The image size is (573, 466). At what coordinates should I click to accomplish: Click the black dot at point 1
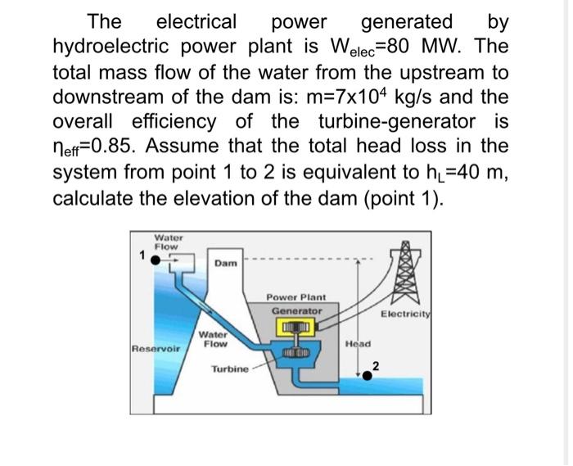156,260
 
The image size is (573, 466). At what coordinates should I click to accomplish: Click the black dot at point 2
368,376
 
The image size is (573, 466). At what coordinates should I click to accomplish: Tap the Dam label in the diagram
225,263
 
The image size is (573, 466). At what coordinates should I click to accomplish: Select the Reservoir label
156,349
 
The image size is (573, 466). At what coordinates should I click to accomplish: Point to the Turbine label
230,369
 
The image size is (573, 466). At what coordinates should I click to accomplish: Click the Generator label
296,311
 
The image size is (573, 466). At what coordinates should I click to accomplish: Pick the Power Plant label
296,297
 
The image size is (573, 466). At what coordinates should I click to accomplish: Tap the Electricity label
406,314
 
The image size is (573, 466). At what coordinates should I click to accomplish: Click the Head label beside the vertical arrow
359,344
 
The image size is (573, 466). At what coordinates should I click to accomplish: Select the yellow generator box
296,326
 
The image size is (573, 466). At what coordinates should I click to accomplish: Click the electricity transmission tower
406,272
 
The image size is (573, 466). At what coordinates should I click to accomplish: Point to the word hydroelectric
111,48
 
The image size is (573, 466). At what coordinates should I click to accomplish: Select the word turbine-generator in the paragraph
397,122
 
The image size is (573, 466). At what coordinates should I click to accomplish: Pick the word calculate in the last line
92,198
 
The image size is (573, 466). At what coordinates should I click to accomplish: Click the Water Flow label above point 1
168,242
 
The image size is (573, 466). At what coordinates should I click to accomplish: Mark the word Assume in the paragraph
182,146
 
